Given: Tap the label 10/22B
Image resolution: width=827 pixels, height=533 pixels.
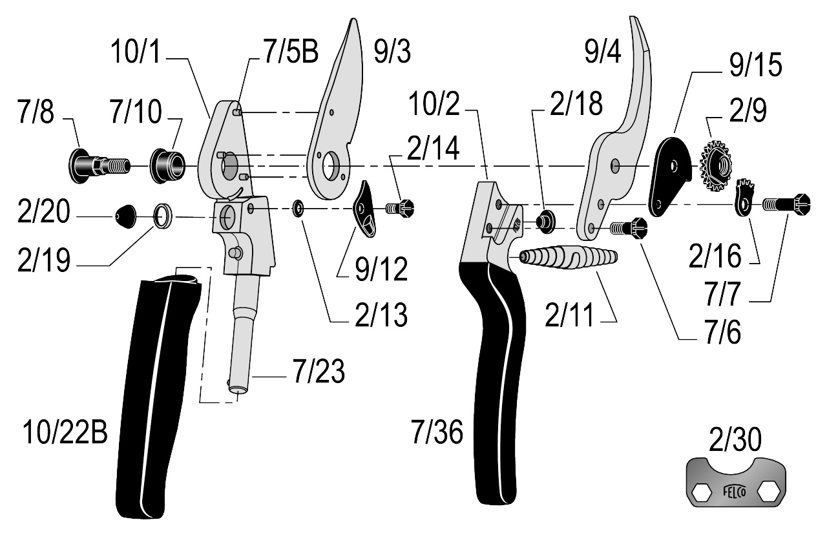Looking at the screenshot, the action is coord(65,432).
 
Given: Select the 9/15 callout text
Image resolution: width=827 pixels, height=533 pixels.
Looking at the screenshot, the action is coord(755,65).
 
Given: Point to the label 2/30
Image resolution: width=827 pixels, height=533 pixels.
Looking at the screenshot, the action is coord(735,439).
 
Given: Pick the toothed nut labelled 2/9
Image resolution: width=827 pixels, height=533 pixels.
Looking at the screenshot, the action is coord(715,166).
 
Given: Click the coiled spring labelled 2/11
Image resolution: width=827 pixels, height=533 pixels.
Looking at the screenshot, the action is coord(568,257).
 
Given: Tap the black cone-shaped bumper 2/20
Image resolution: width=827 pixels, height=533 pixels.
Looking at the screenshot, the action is coord(126,216).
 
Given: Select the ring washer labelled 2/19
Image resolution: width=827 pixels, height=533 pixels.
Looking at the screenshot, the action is coord(163,216).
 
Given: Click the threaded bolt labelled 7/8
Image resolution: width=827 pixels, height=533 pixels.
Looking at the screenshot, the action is coord(99,166).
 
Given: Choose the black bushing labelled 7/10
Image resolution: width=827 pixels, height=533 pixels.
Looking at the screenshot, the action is coord(167,166).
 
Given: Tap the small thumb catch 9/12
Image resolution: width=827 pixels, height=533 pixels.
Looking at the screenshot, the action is coord(365,209).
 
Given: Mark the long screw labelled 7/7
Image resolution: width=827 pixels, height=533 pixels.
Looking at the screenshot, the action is coord(786,204).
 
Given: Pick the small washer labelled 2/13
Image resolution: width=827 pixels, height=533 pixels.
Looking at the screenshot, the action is coord(298,208).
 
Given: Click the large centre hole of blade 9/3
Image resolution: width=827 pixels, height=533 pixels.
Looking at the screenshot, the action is coord(331,165).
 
